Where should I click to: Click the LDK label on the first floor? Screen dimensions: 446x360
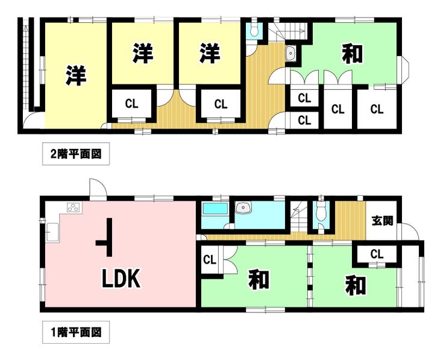[x=122, y=279]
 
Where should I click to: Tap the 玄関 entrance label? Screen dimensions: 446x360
[x=382, y=221]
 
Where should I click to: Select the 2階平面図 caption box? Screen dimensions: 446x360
[x=76, y=154]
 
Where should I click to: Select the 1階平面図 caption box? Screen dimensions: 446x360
[x=76, y=332]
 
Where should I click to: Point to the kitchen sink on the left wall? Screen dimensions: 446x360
[x=52, y=232]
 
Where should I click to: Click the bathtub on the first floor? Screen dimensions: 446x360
[x=215, y=209]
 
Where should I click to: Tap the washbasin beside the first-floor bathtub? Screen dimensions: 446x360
[x=243, y=207]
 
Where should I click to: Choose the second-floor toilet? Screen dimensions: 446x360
[x=254, y=29]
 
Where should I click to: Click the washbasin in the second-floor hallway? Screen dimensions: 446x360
[x=291, y=53]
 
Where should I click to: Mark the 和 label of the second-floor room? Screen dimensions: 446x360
[x=353, y=54]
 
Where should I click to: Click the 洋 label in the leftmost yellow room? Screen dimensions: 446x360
[x=76, y=75]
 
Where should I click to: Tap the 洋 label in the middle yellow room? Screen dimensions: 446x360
[x=143, y=53]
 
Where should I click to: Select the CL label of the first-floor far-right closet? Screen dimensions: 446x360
[x=377, y=254]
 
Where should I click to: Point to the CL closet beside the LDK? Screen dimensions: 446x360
[x=210, y=259]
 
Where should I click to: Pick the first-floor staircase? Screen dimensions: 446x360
[x=299, y=217]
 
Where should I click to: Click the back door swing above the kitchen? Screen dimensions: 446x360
[x=98, y=188]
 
